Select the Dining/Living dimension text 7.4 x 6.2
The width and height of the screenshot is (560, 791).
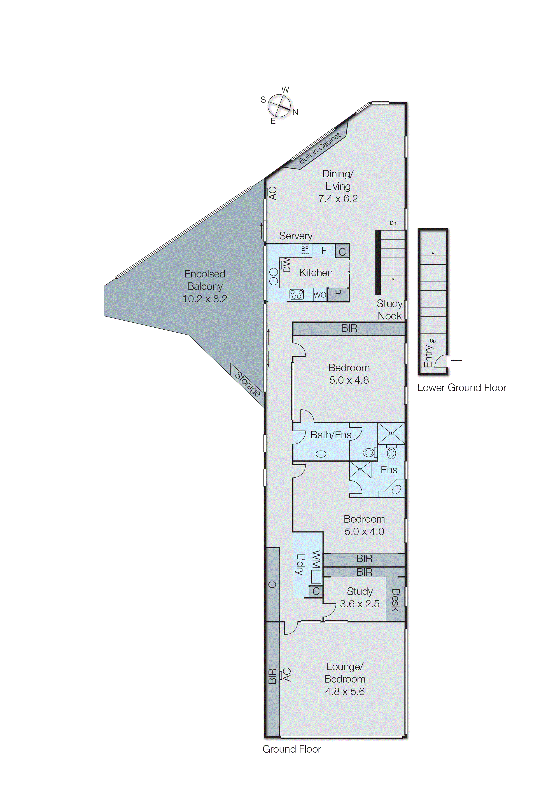pos(338,199)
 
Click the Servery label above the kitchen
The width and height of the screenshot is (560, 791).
pos(296,236)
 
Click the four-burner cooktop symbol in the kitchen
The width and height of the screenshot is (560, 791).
pos(296,294)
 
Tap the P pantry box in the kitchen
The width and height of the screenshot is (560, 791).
pos(338,294)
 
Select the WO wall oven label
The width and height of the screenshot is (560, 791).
pos(320,295)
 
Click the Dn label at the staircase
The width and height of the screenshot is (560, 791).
pos(393,223)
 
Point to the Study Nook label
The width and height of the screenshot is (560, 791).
pos(390,310)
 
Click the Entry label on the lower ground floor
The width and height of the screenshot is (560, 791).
pos(428,356)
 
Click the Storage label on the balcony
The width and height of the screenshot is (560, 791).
pos(247,384)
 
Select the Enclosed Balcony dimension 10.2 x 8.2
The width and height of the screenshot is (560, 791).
pos(205,299)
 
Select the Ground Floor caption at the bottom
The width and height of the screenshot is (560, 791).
pos(292,749)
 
